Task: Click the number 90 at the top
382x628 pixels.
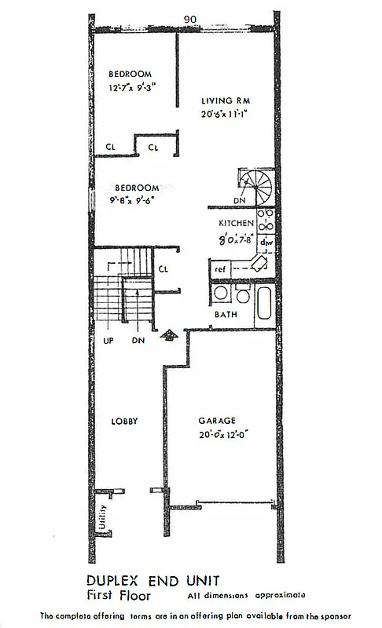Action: [189, 19]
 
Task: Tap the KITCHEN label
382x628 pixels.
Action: [237, 223]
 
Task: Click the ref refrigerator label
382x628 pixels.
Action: [221, 269]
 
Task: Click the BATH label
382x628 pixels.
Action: [226, 315]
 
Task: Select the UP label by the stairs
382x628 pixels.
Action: [109, 341]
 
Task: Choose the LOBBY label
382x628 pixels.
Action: [124, 422]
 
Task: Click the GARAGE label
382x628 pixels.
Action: [217, 421]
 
